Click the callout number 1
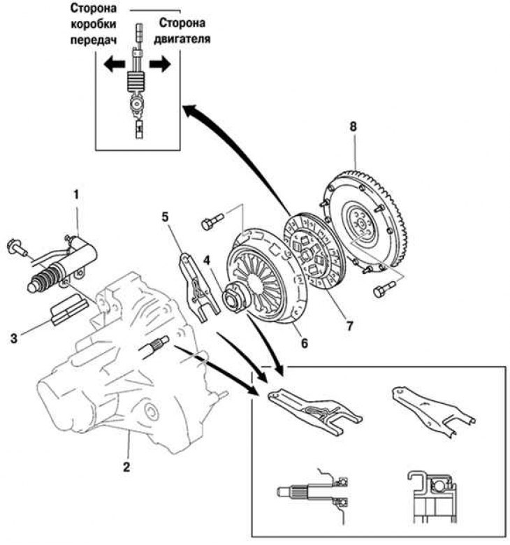coord(76,196)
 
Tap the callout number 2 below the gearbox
coord(126,467)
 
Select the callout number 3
coord(14,338)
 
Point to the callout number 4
coord(207,260)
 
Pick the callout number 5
coord(165,217)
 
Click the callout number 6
coord(304,343)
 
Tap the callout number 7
coord(349,326)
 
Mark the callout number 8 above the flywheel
coord(354,126)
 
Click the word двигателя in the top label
coord(182,38)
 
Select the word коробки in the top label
coord(94,24)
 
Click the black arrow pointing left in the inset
coord(115,64)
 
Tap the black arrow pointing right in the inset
coord(160,65)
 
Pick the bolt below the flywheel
coord(384,289)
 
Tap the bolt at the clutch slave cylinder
coord(17,247)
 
